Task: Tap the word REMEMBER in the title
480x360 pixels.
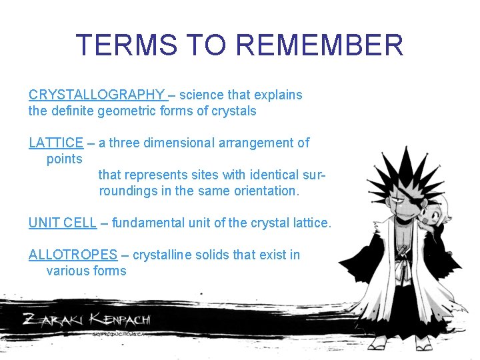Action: [320, 45]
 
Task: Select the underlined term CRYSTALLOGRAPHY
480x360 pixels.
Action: [97, 95]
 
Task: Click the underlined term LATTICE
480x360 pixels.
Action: [56, 143]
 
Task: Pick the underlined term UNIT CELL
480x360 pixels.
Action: [63, 223]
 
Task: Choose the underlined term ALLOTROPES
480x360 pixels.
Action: [73, 255]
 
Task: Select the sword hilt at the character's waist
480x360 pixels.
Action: [404, 252]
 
